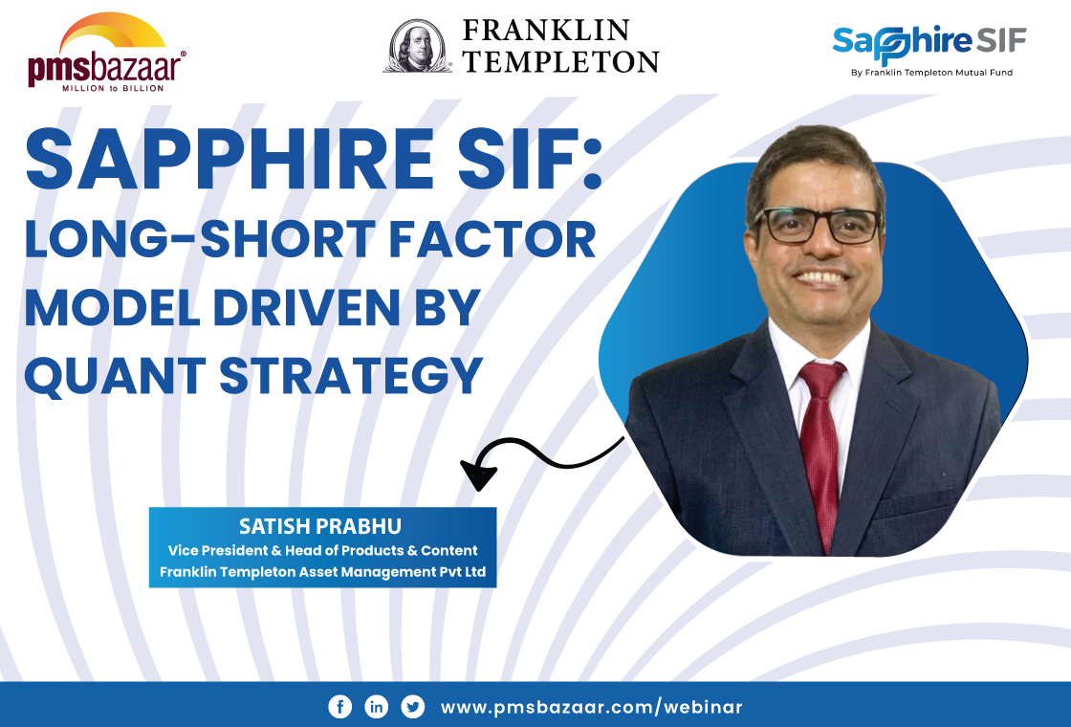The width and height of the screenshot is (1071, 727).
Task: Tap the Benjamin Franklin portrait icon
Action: tap(418, 46)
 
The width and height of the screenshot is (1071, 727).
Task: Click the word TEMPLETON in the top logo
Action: tap(560, 61)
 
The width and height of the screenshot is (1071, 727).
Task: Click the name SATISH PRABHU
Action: tap(322, 527)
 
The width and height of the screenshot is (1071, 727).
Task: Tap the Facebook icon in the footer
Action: tap(339, 707)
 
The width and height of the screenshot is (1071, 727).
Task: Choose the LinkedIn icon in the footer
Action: tap(377, 707)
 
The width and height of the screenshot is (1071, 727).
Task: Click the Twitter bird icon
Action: tap(413, 707)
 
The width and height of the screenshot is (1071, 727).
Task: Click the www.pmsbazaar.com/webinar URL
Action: tap(591, 707)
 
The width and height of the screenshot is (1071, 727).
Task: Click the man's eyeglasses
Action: tap(818, 225)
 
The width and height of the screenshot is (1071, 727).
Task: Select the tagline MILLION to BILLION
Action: tap(113, 87)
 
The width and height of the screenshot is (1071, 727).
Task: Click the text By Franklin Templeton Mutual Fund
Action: tap(930, 73)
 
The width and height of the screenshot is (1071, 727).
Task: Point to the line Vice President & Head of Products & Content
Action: tap(322, 550)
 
